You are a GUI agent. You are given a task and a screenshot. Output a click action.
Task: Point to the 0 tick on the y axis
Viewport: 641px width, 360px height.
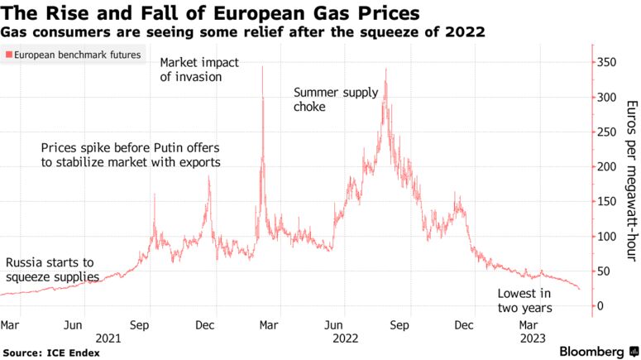(604, 305)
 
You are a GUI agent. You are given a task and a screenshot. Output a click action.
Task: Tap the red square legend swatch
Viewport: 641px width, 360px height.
(8, 55)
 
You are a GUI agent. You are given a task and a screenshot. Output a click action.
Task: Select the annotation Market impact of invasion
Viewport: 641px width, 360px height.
(197, 70)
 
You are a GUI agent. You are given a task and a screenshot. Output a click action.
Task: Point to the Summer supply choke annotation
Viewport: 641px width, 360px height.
(336, 99)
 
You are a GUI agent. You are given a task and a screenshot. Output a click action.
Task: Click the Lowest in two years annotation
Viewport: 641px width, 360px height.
(524, 301)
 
